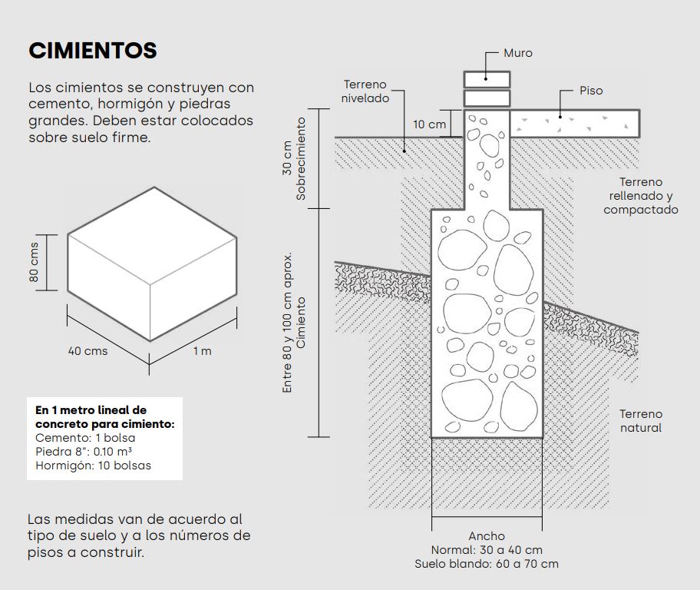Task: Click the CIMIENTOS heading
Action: [x=93, y=51]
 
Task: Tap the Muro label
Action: [x=517, y=53]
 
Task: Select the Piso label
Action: [x=591, y=91]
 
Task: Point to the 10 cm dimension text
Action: [x=429, y=124]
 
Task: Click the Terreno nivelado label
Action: [x=365, y=91]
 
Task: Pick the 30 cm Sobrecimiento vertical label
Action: [x=295, y=159]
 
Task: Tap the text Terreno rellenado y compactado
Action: [x=641, y=195]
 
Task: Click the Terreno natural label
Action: [x=641, y=420]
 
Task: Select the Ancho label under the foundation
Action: [x=487, y=536]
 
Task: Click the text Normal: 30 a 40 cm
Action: [x=487, y=550]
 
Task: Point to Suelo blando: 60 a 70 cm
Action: [x=487, y=564]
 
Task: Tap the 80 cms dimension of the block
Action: [x=35, y=264]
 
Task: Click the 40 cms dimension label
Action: [x=87, y=351]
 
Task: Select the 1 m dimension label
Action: [x=202, y=351]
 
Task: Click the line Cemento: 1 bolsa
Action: [x=85, y=438]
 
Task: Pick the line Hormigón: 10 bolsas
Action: [x=93, y=466]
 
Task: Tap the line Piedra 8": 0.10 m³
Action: [x=89, y=452]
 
